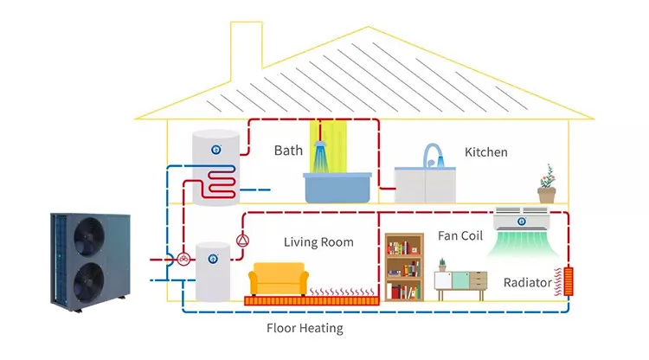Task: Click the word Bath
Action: (x=288, y=151)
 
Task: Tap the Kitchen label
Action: (x=486, y=152)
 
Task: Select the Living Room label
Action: (x=318, y=242)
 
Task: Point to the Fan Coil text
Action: (x=460, y=236)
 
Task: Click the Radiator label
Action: (x=527, y=283)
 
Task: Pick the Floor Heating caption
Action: (x=305, y=328)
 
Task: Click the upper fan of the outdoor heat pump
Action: (x=89, y=237)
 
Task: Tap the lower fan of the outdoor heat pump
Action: (x=88, y=282)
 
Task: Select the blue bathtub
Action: (x=337, y=188)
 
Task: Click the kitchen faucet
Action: (x=433, y=155)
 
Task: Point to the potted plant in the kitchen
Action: (x=547, y=183)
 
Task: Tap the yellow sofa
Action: (x=279, y=280)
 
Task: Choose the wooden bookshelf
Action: (x=404, y=267)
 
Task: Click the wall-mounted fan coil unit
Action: (x=522, y=218)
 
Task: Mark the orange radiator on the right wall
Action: (x=569, y=281)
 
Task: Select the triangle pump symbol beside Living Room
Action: (x=242, y=241)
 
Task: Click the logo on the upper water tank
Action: (x=215, y=150)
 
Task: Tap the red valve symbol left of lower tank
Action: (x=183, y=260)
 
